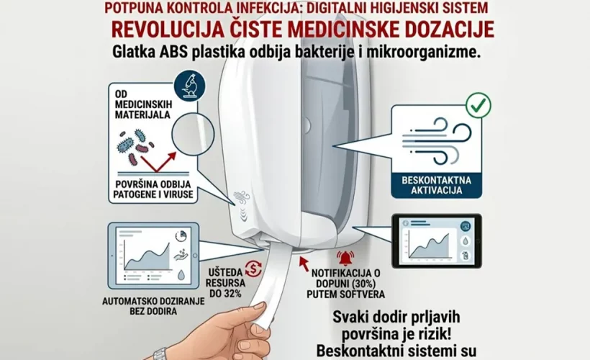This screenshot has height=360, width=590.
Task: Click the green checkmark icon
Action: (x=478, y=105)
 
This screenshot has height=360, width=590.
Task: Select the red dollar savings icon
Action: (x=253, y=269)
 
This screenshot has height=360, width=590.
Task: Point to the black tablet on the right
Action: (x=436, y=240)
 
